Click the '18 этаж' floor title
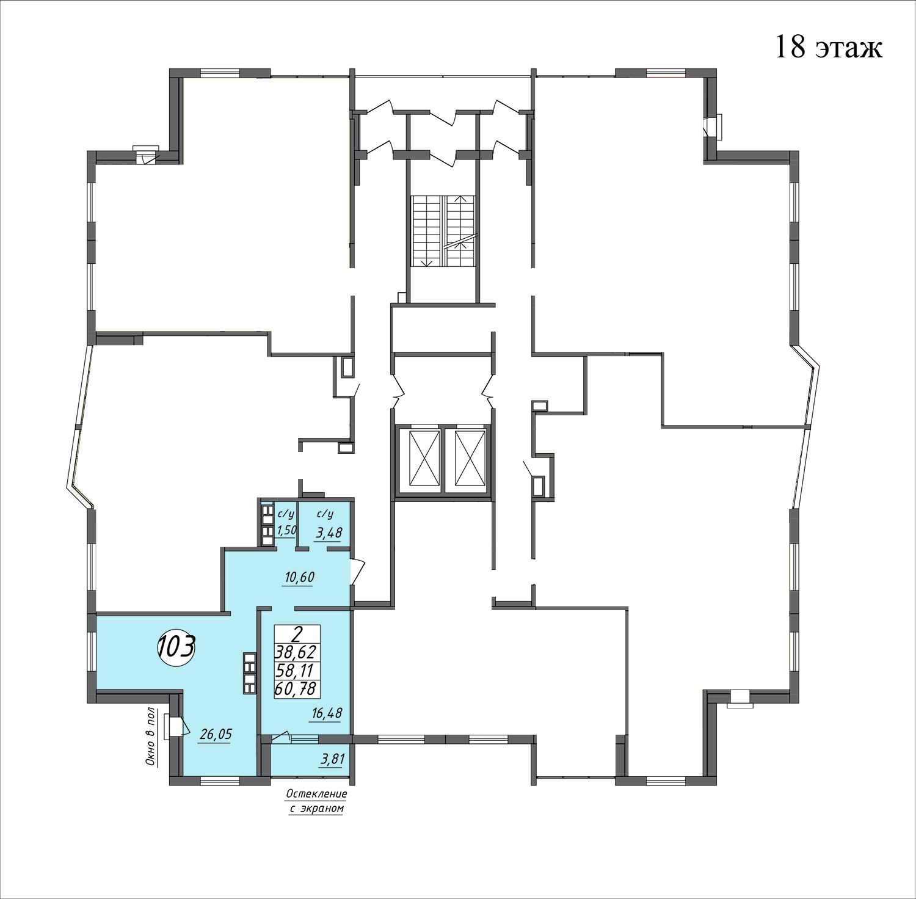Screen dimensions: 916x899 click(828, 47)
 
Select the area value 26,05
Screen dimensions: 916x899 click(216, 734)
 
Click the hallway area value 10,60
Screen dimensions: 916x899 click(297, 577)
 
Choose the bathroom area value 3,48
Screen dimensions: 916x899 click(328, 533)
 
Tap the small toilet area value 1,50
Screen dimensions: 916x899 click(286, 530)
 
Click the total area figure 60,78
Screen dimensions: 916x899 click(297, 690)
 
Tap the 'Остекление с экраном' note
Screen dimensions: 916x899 click(316, 801)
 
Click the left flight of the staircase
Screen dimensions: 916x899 click(426, 231)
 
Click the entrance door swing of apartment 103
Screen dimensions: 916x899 click(358, 570)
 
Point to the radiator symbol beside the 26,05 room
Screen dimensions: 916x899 click(249, 672)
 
